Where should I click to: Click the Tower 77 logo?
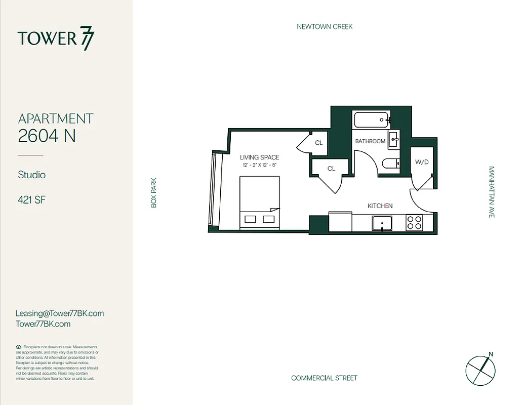[56, 39]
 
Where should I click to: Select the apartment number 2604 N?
[47, 136]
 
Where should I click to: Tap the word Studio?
[32, 175]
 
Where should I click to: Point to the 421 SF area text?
[32, 200]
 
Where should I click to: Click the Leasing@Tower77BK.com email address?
[60, 313]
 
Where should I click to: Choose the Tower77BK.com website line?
[43, 324]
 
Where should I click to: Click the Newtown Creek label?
[325, 26]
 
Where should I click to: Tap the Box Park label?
[153, 192]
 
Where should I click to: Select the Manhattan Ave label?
[491, 192]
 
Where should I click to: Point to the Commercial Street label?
[324, 378]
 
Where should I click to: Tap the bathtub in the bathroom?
[372, 120]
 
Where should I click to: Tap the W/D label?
[421, 163]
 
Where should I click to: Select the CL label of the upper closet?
[318, 143]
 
